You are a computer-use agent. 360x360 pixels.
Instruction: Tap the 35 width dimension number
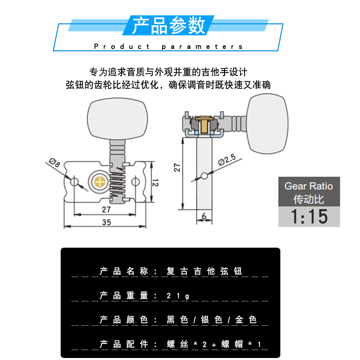coord(106,222)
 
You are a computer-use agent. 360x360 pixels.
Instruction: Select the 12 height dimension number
coord(155,182)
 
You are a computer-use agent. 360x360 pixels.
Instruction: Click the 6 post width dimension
coord(204,216)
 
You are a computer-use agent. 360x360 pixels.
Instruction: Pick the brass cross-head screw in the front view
coord(99,182)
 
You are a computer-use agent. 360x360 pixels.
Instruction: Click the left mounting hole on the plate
coord(74,182)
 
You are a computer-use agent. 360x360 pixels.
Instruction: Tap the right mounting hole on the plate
coord(135,182)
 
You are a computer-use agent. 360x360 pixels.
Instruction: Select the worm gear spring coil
coord(117,182)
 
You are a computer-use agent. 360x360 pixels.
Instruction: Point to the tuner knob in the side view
coord(267,124)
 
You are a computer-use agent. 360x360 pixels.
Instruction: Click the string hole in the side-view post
coord(204,175)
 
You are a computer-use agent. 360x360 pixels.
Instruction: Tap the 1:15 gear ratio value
coord(309,216)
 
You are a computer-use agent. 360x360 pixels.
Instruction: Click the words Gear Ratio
coord(309,186)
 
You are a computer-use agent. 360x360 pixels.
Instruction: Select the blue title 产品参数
coord(169,26)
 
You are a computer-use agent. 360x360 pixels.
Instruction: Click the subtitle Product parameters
coord(169,47)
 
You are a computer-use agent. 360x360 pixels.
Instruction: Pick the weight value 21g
coord(178,296)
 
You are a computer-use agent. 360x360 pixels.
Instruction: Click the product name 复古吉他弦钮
coord(204,271)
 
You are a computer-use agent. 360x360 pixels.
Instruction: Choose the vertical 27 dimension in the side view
coord(177,167)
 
